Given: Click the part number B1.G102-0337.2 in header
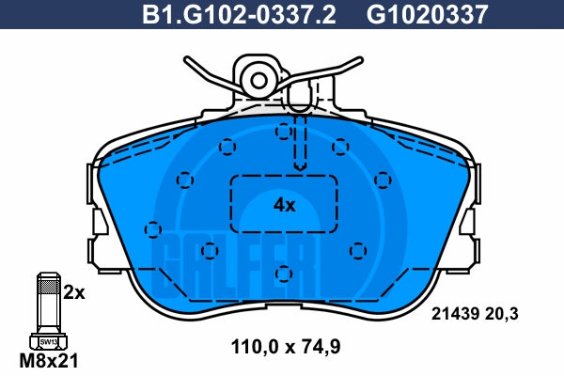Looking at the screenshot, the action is [x=239, y=14].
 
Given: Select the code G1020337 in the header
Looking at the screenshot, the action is [x=428, y=14].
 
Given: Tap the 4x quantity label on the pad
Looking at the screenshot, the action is [x=284, y=205].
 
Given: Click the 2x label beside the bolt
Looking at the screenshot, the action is [x=74, y=293].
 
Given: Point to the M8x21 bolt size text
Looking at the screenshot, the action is [x=49, y=361].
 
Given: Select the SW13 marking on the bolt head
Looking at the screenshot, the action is [x=49, y=342].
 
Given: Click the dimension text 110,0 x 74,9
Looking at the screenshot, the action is [x=286, y=347].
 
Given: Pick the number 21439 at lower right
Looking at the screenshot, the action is [x=455, y=314].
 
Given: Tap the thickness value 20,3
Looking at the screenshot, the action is [x=501, y=314].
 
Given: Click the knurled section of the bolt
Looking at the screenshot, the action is [x=49, y=287].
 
